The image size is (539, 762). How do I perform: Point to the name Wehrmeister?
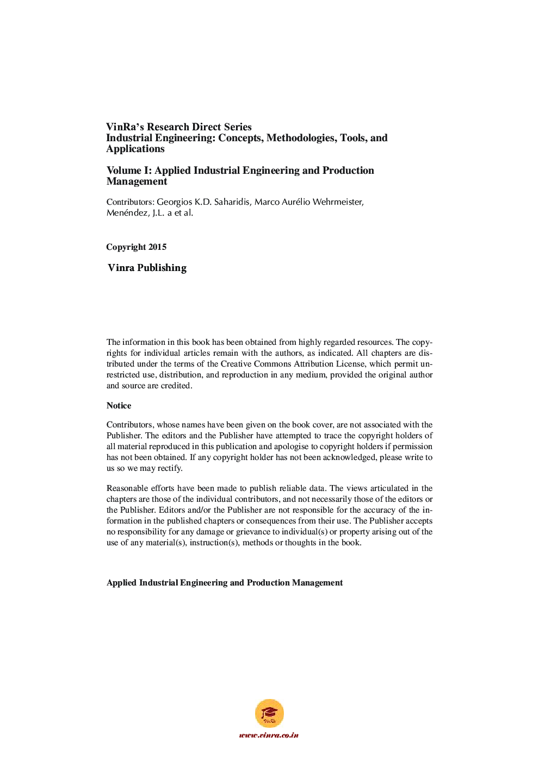tap(335, 202)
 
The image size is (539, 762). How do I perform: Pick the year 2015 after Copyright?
tap(157, 247)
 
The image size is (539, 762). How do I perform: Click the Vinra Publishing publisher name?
tap(147, 268)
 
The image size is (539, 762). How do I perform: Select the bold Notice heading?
tap(119, 406)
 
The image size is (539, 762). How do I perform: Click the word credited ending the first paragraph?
tap(176, 386)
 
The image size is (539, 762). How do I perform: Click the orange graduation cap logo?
tap(269, 713)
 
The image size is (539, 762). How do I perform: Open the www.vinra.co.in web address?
tap(269, 735)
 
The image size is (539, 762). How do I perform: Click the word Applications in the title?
tap(135, 149)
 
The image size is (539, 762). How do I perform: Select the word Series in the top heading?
tap(238, 127)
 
